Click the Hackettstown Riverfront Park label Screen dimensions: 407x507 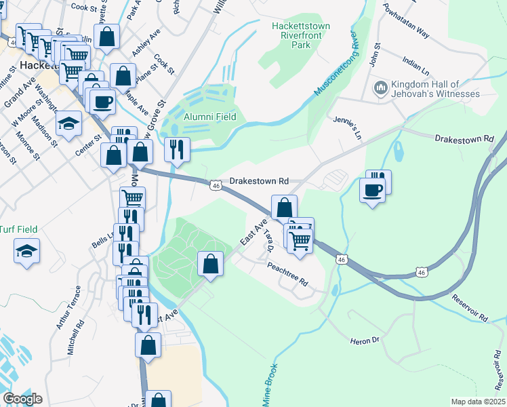click(300, 35)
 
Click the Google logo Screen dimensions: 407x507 click(22, 399)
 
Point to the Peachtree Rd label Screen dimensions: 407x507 click(287, 274)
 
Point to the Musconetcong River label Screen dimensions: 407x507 click(337, 62)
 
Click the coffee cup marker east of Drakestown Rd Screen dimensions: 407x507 click(372, 190)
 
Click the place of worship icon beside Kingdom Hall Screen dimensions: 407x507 click(380, 88)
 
